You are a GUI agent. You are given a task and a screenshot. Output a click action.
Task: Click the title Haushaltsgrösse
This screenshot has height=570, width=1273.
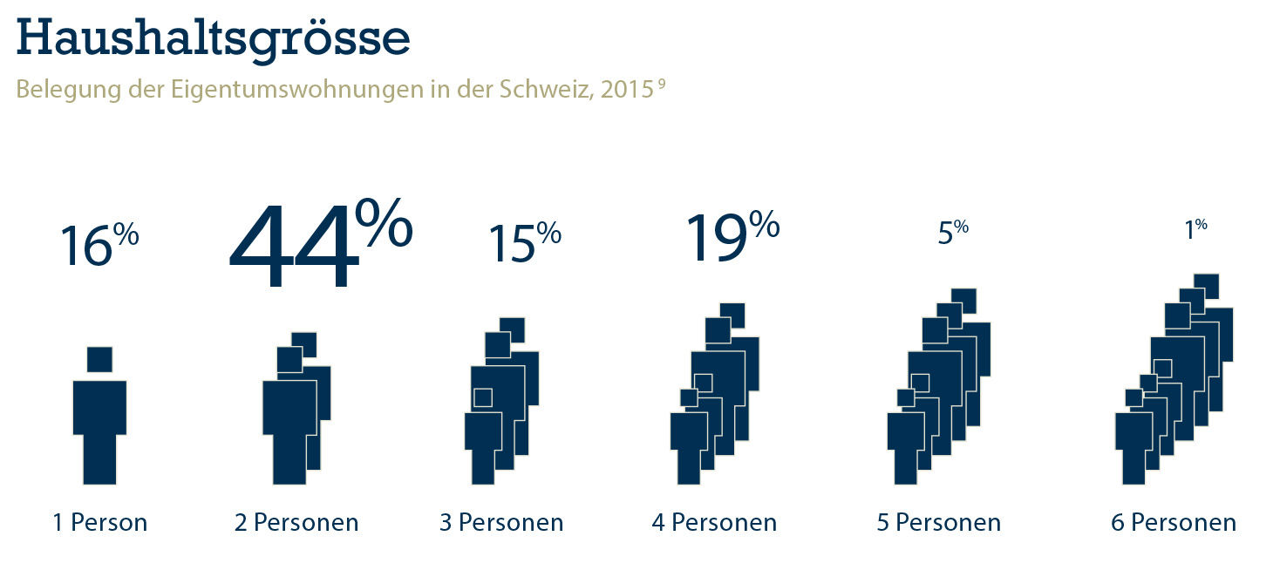point(212,37)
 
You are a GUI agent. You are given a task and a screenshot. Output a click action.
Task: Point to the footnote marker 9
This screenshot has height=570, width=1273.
point(663,85)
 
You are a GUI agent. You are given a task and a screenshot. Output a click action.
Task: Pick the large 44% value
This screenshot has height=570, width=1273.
point(319,246)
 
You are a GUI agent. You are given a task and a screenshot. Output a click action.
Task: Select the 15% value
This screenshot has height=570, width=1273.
point(524,242)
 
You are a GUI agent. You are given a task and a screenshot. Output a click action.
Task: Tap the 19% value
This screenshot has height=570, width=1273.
point(732,235)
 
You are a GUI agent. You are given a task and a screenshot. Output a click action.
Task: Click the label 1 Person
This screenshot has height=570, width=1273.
point(99,523)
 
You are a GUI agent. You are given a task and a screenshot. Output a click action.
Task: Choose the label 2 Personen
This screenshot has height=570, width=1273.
point(296,523)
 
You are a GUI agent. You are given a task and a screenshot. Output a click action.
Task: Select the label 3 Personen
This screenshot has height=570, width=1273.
point(501,523)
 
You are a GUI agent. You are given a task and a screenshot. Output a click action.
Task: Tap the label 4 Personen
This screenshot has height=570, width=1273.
point(714,523)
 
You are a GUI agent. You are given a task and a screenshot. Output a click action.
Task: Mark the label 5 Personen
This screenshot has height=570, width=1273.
point(939,523)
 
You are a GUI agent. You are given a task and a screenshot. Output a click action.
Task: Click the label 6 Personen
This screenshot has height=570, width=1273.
point(1174,523)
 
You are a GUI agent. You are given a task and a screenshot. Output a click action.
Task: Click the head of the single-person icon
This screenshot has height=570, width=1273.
point(99,359)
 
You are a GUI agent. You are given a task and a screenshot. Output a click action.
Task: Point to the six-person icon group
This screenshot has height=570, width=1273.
point(1174,383)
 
